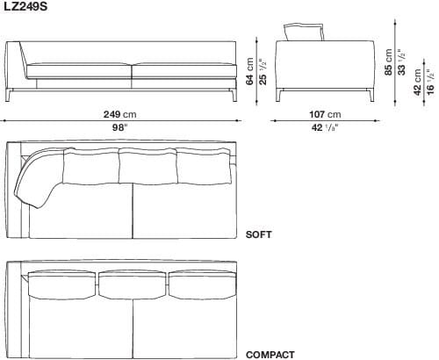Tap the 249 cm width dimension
pyautogui.click(x=119, y=114)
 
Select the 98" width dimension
pyautogui.click(x=119, y=127)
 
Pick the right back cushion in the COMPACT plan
pyautogui.click(x=200, y=284)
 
